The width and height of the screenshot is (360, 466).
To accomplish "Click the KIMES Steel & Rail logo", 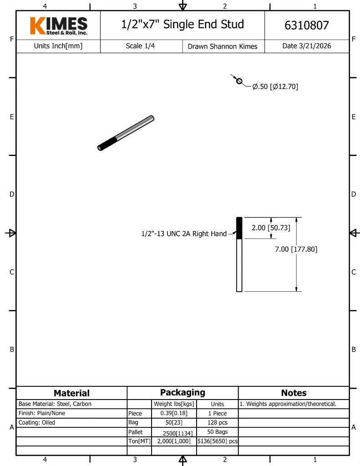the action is pos(59,25).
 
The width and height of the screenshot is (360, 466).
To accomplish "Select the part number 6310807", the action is pos(306,25).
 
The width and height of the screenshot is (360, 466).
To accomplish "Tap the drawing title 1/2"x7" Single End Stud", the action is pos(183,25).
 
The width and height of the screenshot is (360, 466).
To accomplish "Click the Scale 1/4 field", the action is pos(140,46).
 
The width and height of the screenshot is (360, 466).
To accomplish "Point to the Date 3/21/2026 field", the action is pos(306,46).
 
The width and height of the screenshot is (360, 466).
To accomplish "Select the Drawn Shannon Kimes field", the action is pos(223,46).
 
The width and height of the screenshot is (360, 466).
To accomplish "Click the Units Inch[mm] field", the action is pos(58,46).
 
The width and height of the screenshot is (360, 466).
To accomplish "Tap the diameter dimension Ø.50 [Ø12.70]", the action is pos(275,86).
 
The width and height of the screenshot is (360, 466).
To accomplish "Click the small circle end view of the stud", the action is pos(239,81).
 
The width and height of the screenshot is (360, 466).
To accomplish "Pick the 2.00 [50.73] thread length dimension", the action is pos(271,228).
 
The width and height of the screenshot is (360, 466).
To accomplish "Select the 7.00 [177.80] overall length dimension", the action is pos(296,249).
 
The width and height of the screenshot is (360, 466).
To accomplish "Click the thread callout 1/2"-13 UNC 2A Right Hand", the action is pos(184,234).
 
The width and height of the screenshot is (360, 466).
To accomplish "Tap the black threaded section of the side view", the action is pos(239,228).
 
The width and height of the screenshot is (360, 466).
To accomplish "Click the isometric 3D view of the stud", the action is pos(126,133).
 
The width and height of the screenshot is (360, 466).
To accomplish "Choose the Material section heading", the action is pos(71,393).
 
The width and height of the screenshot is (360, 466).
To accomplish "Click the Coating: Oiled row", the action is pos(36,422).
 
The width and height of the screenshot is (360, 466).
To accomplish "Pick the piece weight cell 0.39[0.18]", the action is pos(174,413).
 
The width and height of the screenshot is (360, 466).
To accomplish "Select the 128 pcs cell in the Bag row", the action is pos(217,422).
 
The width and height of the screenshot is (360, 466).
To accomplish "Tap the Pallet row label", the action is pos(135,432).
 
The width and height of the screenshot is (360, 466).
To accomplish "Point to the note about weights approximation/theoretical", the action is pos(288,404).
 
